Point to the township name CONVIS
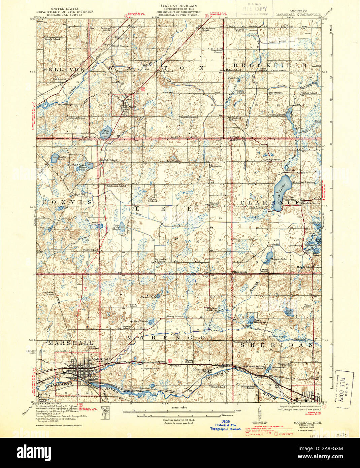click(67, 202)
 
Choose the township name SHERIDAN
click(277, 345)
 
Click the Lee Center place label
click(174, 161)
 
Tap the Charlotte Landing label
click(305, 182)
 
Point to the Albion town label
click(300, 399)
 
